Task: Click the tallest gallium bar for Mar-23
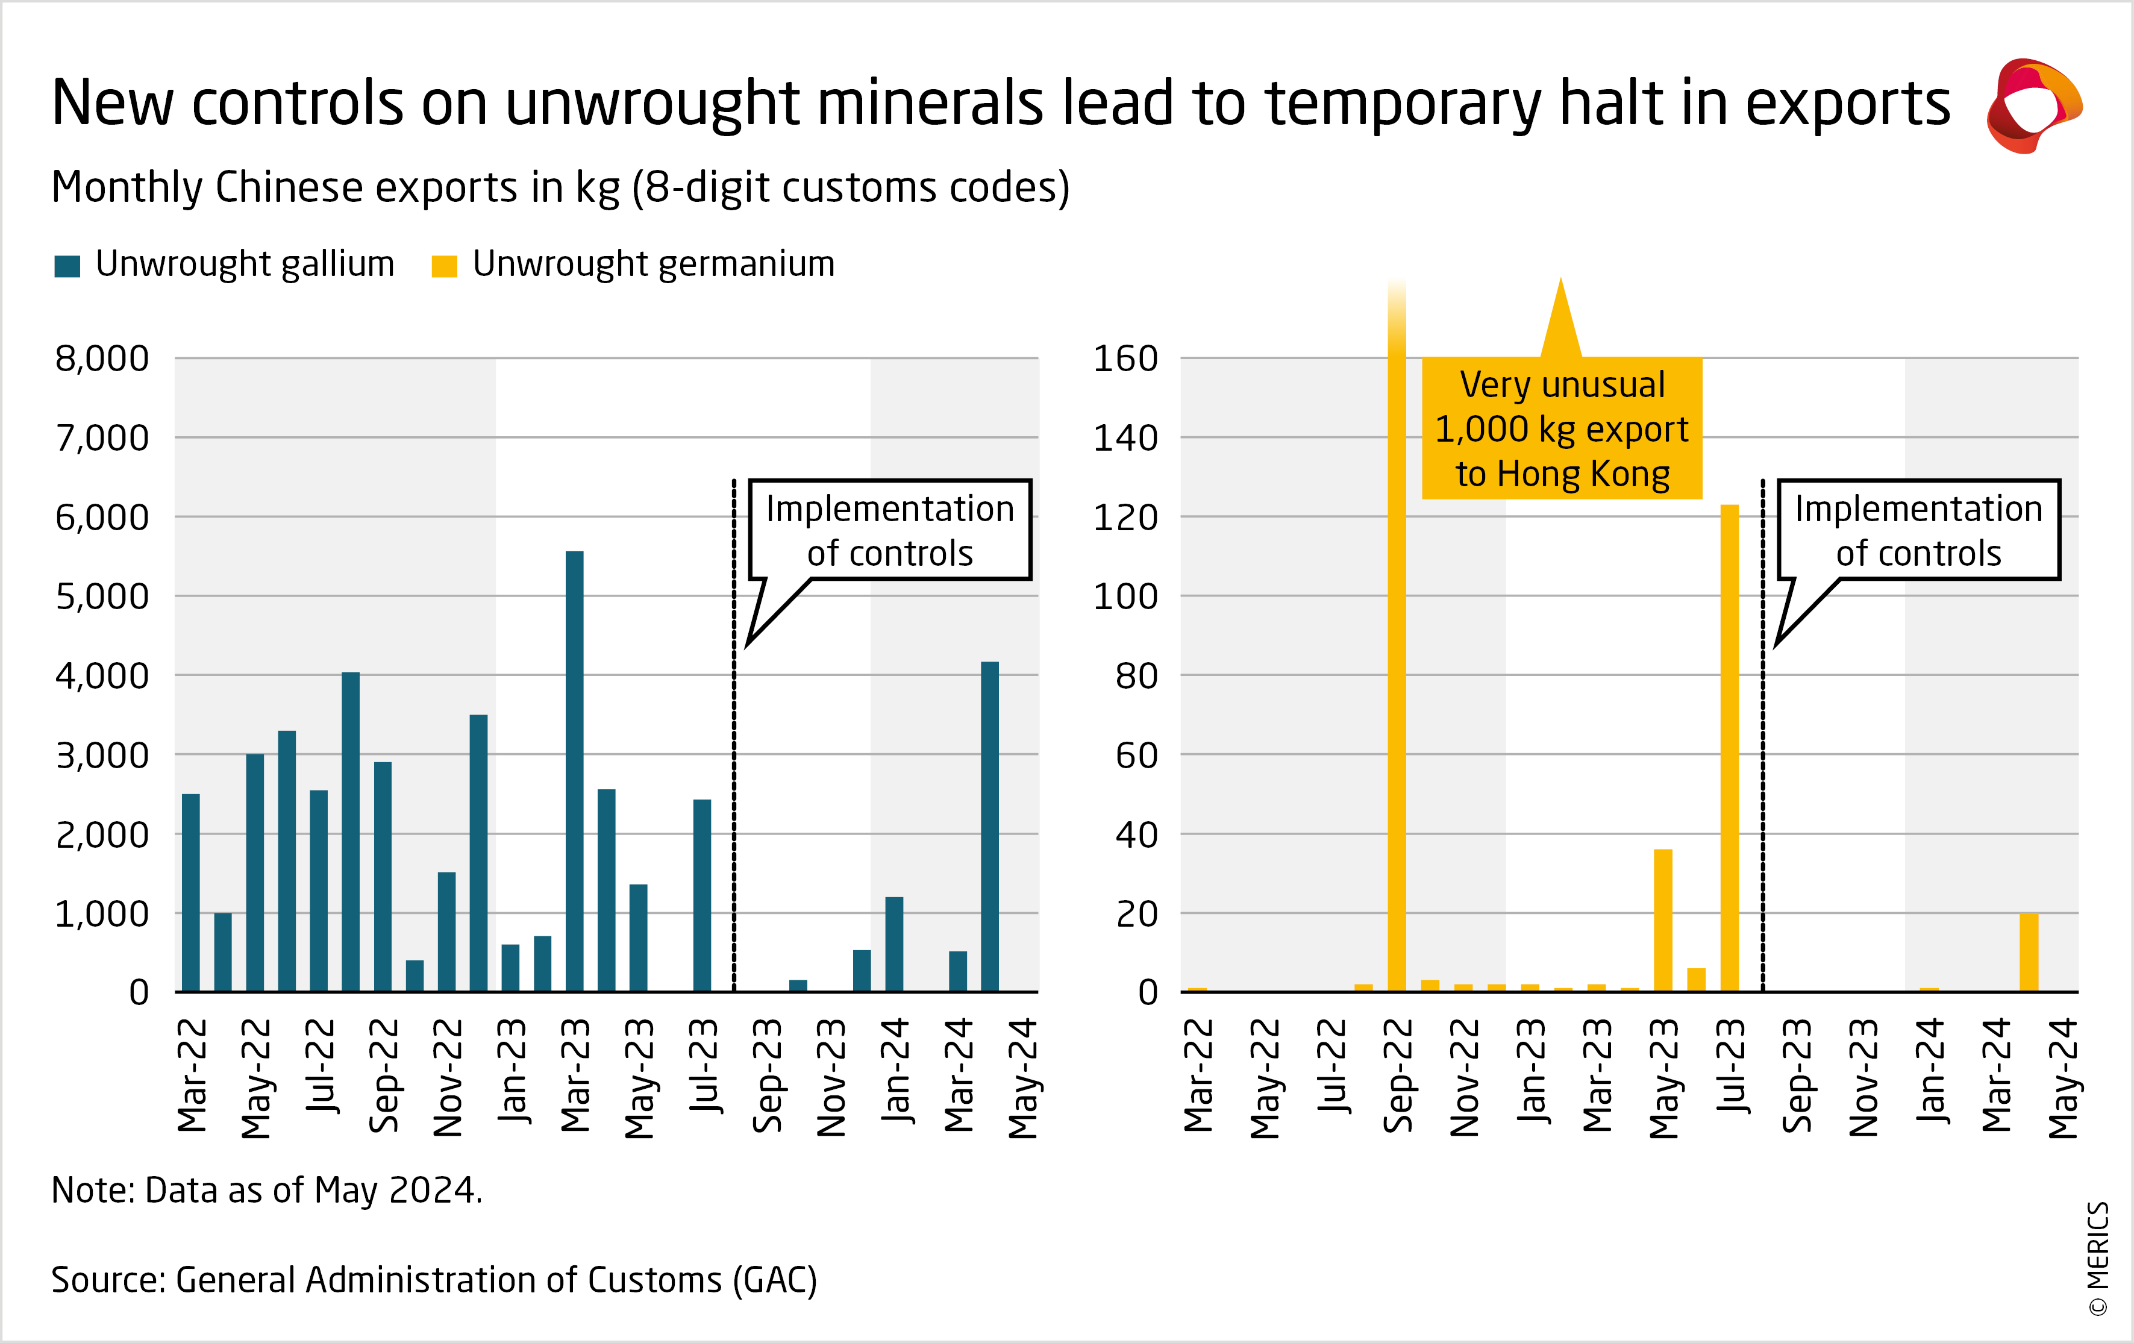tap(574, 771)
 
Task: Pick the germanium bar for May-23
tap(1662, 920)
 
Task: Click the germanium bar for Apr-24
tap(2029, 951)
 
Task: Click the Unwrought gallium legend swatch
tap(67, 266)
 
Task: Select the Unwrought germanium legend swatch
tap(444, 266)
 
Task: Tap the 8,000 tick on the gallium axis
tap(102, 359)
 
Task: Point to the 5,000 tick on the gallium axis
tap(102, 596)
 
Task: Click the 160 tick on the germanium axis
tap(1125, 359)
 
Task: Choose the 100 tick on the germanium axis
tap(1125, 596)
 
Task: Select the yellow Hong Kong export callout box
tap(1562, 428)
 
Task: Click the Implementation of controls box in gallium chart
tap(890, 530)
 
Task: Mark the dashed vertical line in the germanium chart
tap(1763, 736)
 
